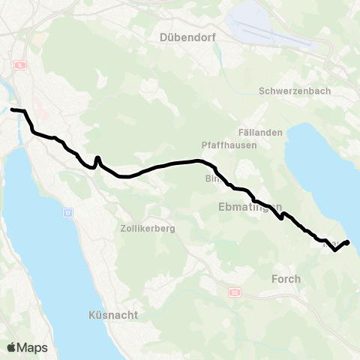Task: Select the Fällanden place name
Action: point(261,132)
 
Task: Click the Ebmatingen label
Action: point(250,206)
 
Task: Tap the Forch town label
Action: point(285,279)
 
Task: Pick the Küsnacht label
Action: point(112,316)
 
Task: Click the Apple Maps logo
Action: point(27,347)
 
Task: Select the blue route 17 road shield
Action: point(68,214)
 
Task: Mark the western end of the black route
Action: point(12,110)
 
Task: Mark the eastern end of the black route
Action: point(348,241)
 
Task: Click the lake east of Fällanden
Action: point(319,165)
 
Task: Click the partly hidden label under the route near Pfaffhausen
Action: point(210,179)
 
